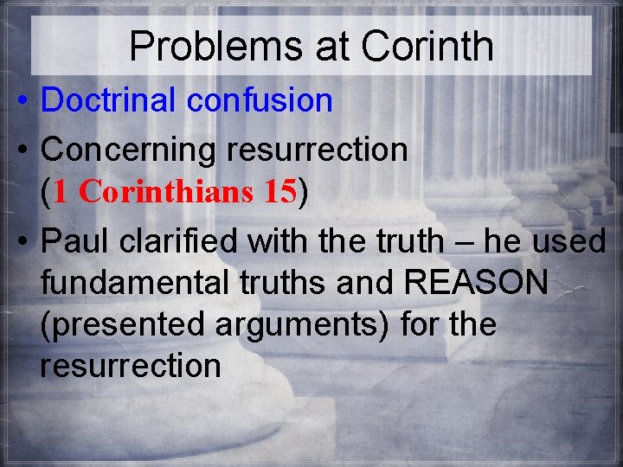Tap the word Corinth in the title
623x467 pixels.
427,46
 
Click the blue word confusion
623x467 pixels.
259,100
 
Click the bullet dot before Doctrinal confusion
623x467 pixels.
20,101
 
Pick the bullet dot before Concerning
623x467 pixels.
20,150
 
